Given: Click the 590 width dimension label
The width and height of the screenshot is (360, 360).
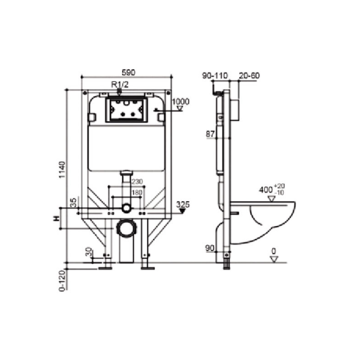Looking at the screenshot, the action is pos(128,72).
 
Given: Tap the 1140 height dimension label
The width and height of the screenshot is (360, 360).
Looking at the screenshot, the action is pos(62,170).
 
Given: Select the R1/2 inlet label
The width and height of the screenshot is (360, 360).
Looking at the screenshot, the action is pos(120,84).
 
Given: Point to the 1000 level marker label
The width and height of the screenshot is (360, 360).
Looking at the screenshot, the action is pos(181,101).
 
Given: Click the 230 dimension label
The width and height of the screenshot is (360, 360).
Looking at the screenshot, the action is pos(137,181).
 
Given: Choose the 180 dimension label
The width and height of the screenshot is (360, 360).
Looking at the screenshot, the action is pos(137,192).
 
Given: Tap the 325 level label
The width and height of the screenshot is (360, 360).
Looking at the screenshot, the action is pos(183,204).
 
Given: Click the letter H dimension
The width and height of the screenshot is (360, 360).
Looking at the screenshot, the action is pos(56,218).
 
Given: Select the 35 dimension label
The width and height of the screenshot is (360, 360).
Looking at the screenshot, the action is pos(73,203).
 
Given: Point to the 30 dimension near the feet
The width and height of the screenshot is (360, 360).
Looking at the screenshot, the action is pos(89,252).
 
